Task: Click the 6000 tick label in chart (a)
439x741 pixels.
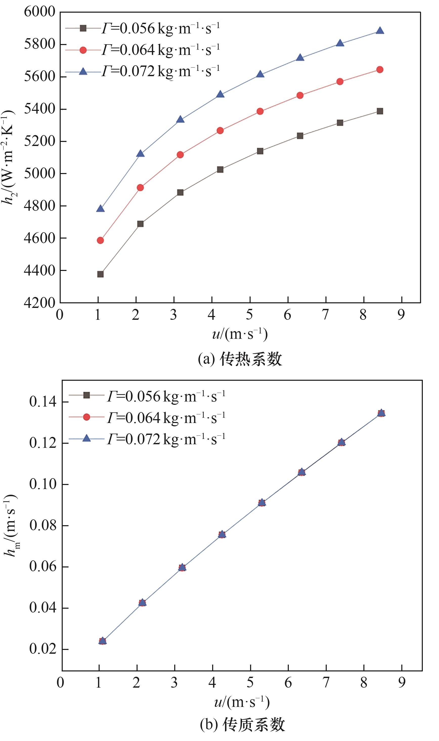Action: click(39, 12)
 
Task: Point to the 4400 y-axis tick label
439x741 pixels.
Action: click(39, 270)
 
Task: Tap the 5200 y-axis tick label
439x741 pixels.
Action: click(39, 141)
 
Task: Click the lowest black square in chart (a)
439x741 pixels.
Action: click(100, 274)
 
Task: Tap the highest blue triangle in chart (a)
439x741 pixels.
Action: click(380, 31)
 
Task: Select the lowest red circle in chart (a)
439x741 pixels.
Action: click(100, 240)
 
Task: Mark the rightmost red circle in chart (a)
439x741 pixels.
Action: click(380, 70)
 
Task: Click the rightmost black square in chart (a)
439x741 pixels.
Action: click(380, 111)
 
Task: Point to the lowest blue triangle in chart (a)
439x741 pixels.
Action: click(100, 209)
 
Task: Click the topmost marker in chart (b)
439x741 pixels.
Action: click(381, 413)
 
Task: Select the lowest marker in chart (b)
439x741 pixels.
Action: click(102, 641)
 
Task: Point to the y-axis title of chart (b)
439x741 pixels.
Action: click(11, 525)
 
